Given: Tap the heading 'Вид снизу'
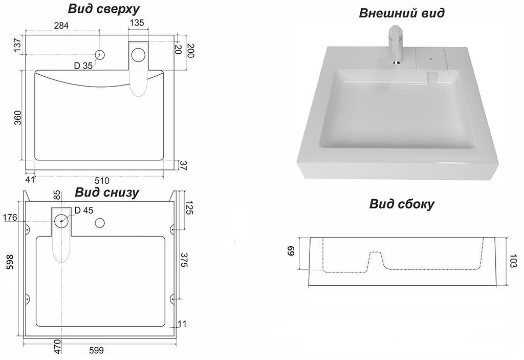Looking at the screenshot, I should coord(106,193).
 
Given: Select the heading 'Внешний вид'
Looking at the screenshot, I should coord(402,13).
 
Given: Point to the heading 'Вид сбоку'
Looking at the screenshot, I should coord(402,204).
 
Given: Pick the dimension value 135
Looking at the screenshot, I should coord(137,23).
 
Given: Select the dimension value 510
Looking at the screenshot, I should coord(101,180).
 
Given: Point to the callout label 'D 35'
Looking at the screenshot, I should coord(83,66).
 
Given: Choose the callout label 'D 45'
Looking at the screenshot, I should coord(84,210).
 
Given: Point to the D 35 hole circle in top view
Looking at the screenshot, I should coord(100,54).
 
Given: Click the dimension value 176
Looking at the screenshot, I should coord(10,218).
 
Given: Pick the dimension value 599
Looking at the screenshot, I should coord(96,350).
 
